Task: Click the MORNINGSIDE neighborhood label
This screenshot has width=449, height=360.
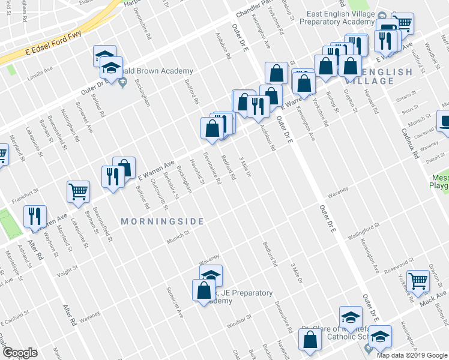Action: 163,221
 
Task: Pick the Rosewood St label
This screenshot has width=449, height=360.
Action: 402,262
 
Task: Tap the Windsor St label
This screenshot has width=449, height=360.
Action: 238,317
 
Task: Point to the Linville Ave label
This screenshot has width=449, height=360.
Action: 40,77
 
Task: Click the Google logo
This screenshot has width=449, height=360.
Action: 20,353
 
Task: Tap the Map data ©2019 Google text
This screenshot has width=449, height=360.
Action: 411,355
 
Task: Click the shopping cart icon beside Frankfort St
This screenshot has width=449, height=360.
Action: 78,191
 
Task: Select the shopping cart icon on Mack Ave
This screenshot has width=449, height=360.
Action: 418,280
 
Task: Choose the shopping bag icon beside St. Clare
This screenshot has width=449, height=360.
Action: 310,340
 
